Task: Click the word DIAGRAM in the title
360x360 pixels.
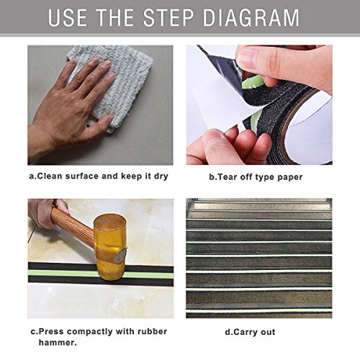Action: (x=251, y=18)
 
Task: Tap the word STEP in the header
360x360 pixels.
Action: (x=168, y=18)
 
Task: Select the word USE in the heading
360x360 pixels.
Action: (x=68, y=18)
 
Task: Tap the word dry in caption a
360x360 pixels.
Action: (x=161, y=177)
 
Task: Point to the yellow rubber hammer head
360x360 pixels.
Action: (x=110, y=247)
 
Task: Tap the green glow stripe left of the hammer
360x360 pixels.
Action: (x=63, y=273)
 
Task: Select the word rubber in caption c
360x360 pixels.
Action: (x=152, y=332)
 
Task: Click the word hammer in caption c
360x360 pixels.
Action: (x=58, y=343)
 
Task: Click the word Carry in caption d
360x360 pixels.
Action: (x=240, y=333)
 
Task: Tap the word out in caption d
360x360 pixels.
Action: (x=268, y=333)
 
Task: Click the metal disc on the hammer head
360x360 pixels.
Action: (x=120, y=256)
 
